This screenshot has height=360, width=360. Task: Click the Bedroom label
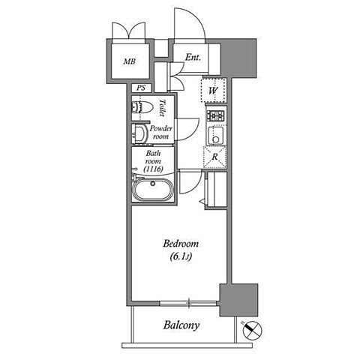tap(181, 244)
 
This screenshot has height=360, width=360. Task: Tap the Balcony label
tap(181, 325)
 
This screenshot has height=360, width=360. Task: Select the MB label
tap(130, 61)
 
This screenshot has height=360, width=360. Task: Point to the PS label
tap(141, 88)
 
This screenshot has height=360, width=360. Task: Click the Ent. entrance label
tap(193, 58)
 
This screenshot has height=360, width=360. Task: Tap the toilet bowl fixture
tap(142, 107)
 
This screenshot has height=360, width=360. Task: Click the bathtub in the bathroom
tap(152, 190)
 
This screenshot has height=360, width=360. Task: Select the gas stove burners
tap(215, 115)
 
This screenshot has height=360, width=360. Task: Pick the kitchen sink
tap(216, 135)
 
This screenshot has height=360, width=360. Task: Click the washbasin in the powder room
tap(139, 133)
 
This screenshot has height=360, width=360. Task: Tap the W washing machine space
tap(213, 90)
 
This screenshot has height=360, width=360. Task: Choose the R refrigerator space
tap(215, 157)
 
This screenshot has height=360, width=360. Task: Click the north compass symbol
tap(252, 330)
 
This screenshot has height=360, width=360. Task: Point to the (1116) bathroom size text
tap(153, 169)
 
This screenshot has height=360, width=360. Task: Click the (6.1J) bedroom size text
tap(181, 256)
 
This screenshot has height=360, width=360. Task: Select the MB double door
tap(129, 31)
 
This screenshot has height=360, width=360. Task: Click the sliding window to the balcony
tap(188, 303)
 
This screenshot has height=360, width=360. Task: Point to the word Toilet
tap(162, 108)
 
